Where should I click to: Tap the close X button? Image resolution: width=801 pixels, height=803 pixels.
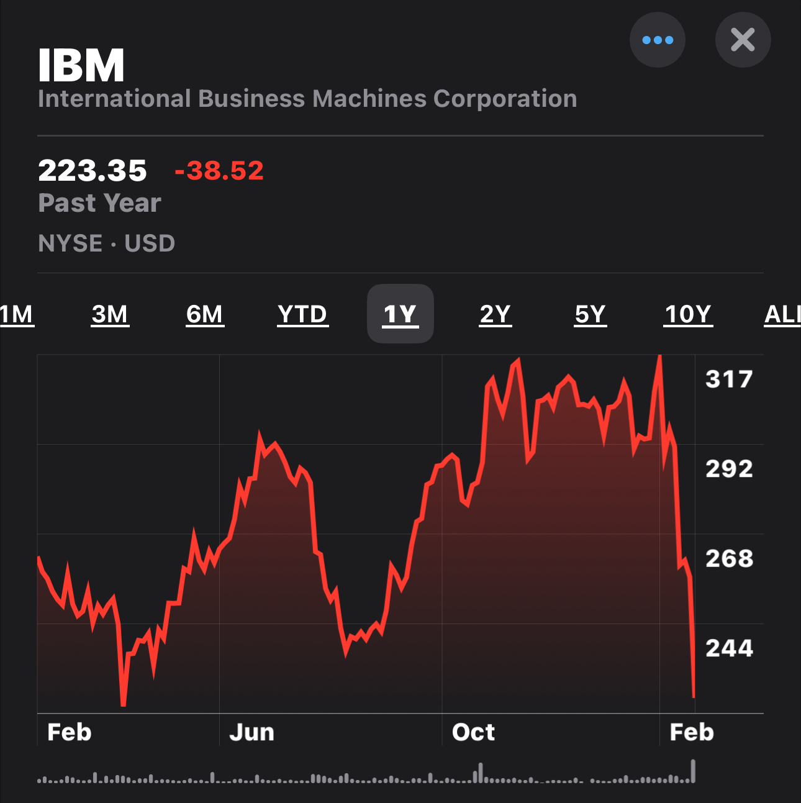pyautogui.click(x=743, y=40)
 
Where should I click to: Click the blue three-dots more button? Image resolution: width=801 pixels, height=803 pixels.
pyautogui.click(x=657, y=40)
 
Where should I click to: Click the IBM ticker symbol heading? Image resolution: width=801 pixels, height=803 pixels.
pyautogui.click(x=81, y=66)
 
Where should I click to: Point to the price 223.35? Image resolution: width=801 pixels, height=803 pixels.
pyautogui.click(x=93, y=171)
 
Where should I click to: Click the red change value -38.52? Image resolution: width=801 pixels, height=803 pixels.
pyautogui.click(x=219, y=171)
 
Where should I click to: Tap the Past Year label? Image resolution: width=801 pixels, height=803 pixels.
pyautogui.click(x=100, y=203)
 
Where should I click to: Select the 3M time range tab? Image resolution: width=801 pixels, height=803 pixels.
pyautogui.click(x=110, y=314)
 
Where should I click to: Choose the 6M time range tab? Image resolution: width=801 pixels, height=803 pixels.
pyautogui.click(x=205, y=314)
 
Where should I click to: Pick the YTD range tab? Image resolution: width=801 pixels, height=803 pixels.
pyautogui.click(x=302, y=314)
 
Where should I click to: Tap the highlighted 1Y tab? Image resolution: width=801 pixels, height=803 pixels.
pyautogui.click(x=400, y=314)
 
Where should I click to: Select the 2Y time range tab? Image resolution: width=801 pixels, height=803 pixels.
pyautogui.click(x=496, y=314)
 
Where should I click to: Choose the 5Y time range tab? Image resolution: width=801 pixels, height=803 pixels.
pyautogui.click(x=590, y=314)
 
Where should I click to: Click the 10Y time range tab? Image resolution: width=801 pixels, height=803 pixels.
pyautogui.click(x=688, y=314)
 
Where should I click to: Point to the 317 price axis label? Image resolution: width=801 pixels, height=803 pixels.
pyautogui.click(x=729, y=379)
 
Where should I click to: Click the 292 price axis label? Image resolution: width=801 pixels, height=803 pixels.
pyautogui.click(x=729, y=469)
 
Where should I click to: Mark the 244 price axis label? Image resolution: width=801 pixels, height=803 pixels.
pyautogui.click(x=729, y=648)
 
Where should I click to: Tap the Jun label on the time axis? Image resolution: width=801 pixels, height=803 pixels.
pyautogui.click(x=251, y=733)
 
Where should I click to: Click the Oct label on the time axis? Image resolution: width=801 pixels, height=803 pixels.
pyautogui.click(x=473, y=733)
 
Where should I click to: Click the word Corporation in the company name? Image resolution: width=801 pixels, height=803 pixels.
pyautogui.click(x=505, y=99)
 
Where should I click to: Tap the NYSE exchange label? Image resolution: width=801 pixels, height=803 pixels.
pyautogui.click(x=70, y=243)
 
